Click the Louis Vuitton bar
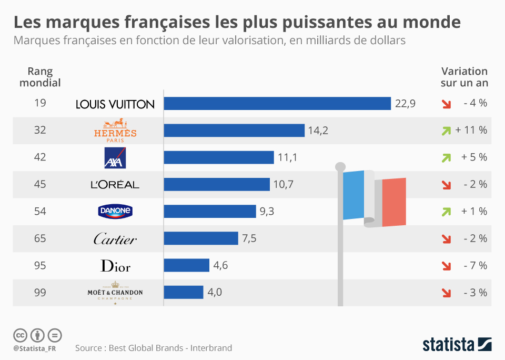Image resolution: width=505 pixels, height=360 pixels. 277,103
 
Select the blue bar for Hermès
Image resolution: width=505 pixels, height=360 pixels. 234,131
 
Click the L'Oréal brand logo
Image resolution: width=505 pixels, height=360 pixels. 115,185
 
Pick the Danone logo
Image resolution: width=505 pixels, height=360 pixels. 115,212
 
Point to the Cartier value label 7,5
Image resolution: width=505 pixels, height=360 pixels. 249,238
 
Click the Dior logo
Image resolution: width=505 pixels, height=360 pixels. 115,266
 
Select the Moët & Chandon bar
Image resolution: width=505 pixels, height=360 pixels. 184,292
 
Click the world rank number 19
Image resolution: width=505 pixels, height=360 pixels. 39,103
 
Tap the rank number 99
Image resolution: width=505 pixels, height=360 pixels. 39,292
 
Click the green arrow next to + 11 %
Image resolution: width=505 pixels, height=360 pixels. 446,131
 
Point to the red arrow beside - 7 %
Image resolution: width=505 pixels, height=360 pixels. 446,266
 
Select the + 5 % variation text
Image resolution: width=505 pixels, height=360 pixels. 474,157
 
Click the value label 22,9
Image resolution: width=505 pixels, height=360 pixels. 405,104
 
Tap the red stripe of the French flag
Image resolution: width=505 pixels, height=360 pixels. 394,202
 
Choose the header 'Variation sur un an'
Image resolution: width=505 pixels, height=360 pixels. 464,77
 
